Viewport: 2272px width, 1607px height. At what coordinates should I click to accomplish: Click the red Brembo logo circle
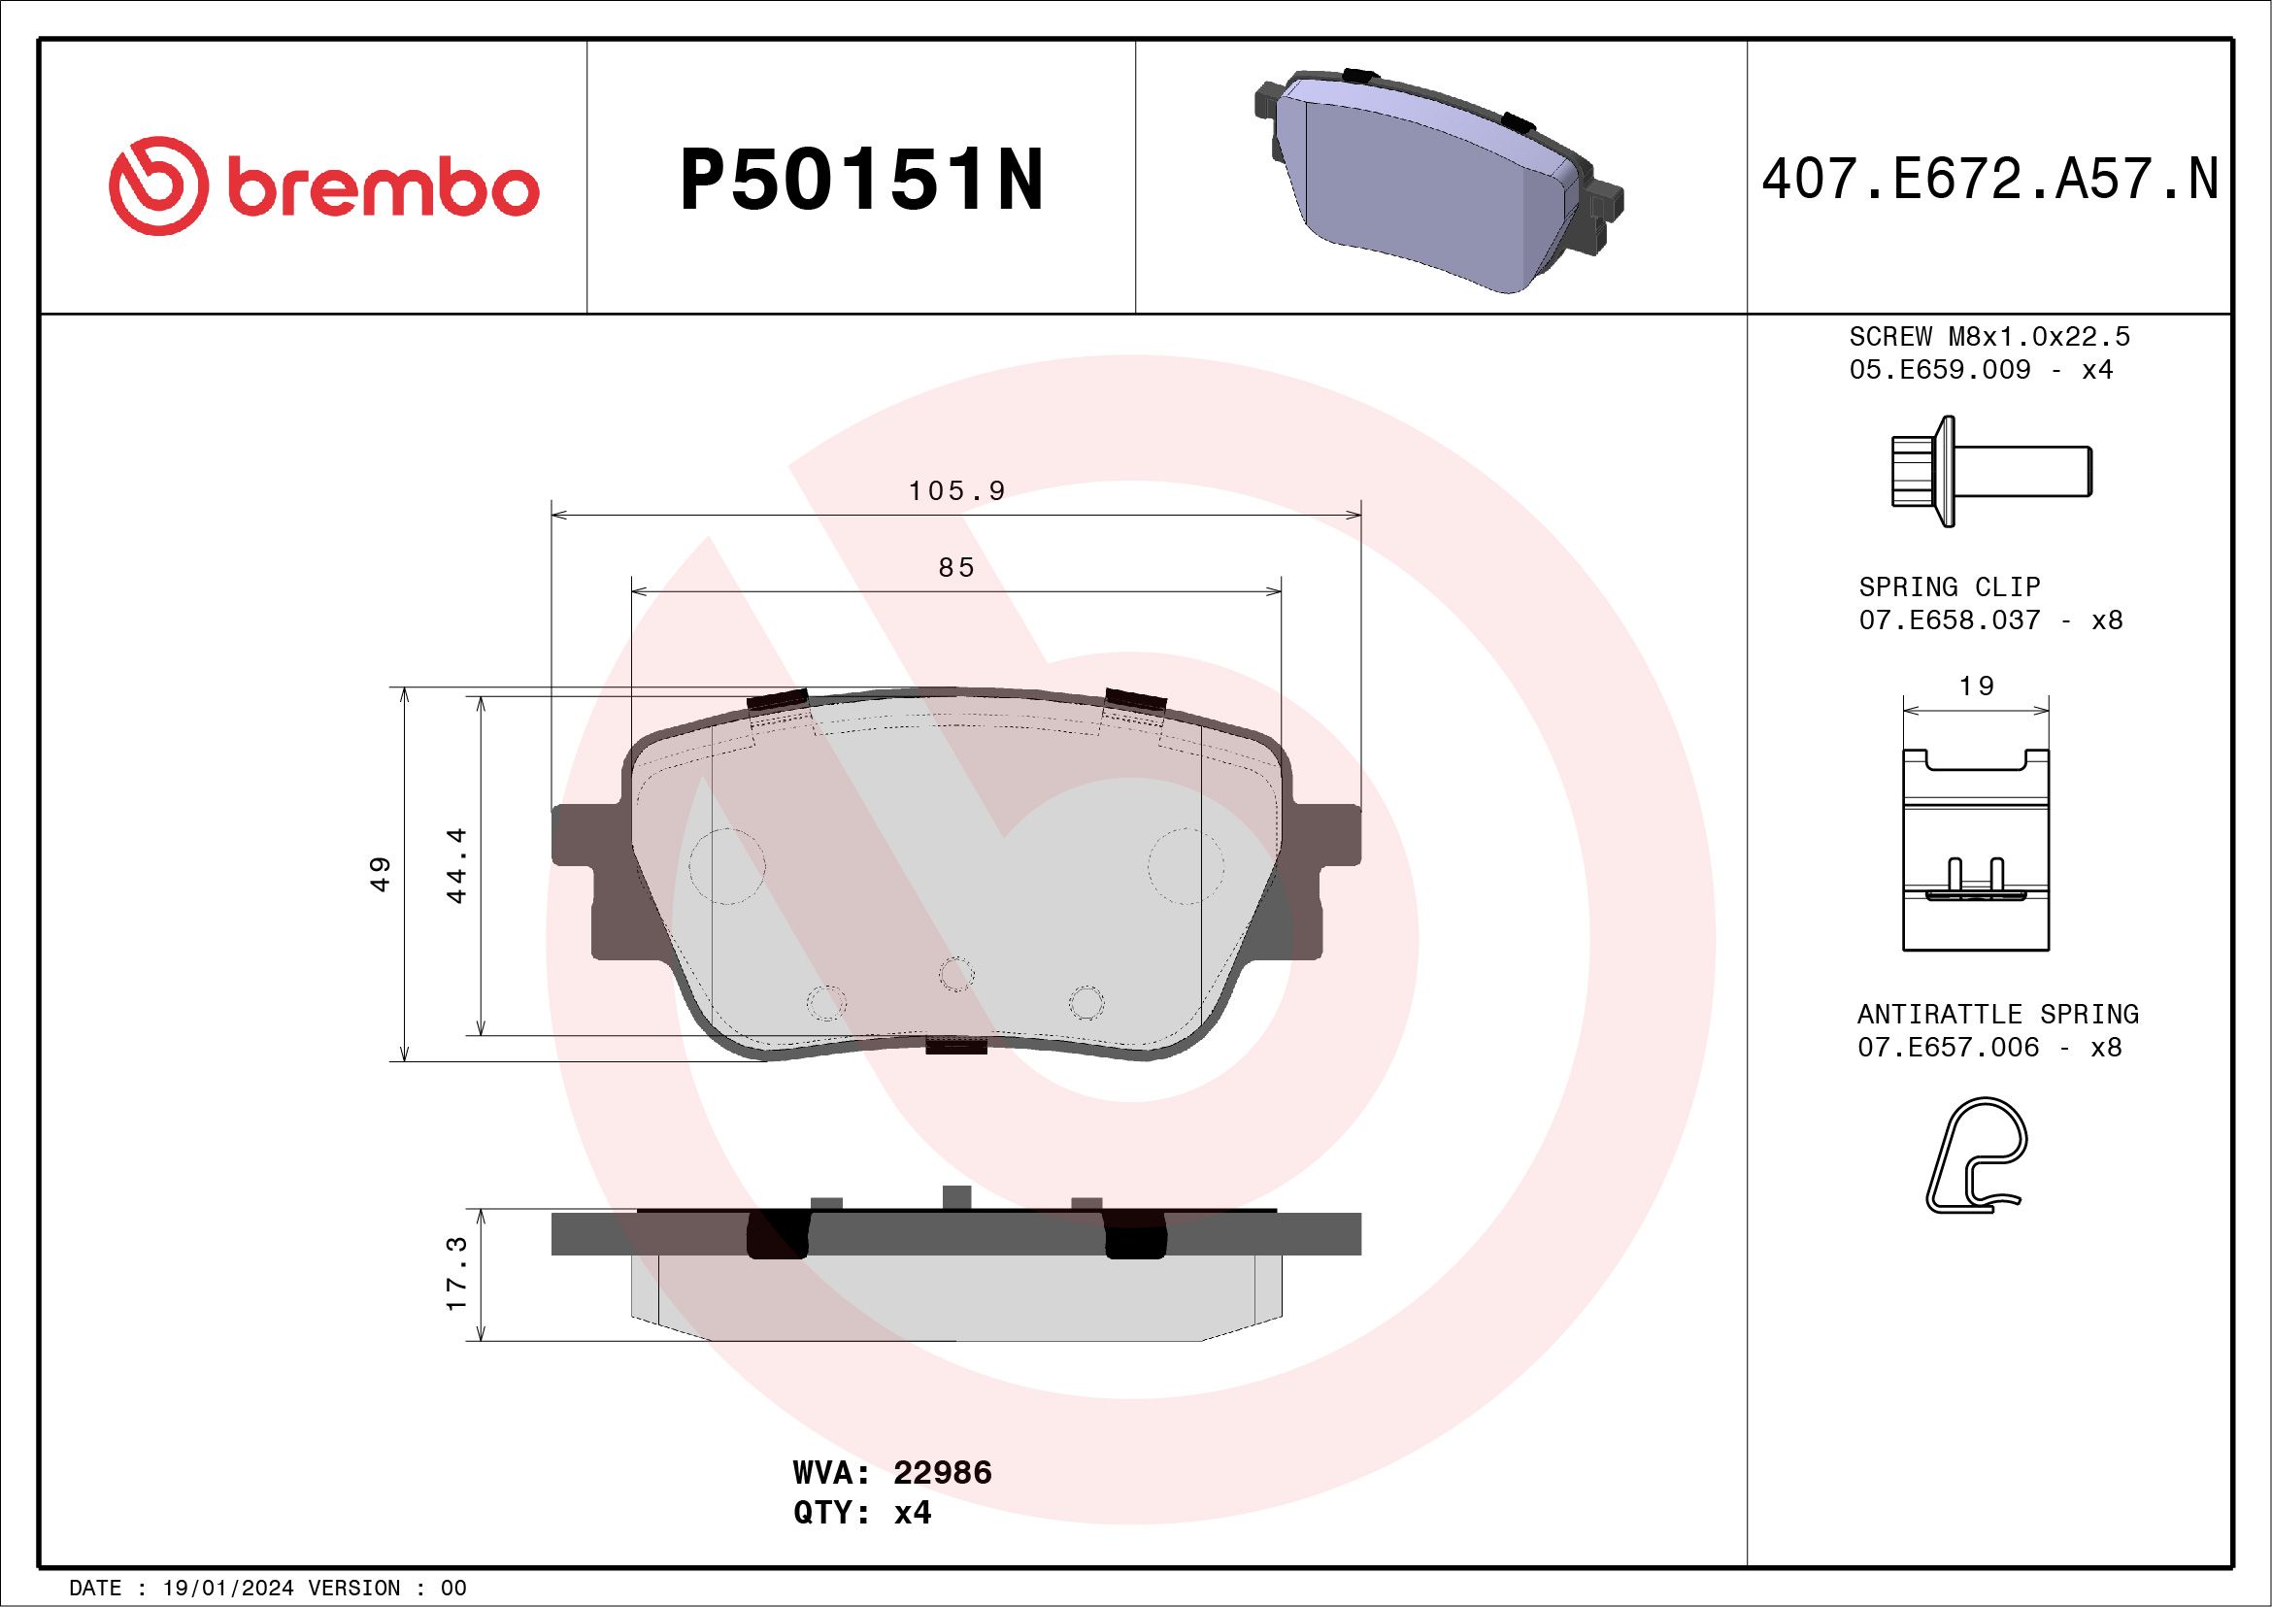pyautogui.click(x=158, y=186)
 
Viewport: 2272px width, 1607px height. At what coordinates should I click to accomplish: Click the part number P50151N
pyautogui.click(x=861, y=180)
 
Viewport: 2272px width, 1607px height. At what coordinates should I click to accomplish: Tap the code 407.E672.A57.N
pyautogui.click(x=1989, y=180)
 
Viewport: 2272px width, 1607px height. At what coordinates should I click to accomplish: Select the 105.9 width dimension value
pyautogui.click(x=956, y=490)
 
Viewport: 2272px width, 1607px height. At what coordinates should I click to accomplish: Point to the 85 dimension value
pyautogui.click(x=956, y=568)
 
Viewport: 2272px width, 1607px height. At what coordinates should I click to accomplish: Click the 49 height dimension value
pyautogui.click(x=381, y=874)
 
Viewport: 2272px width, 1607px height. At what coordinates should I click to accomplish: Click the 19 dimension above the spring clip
pyautogui.click(x=1976, y=686)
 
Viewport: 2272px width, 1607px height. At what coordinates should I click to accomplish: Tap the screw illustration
pyautogui.click(x=1989, y=471)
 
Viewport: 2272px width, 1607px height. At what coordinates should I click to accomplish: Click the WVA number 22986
pyautogui.click(x=942, y=1472)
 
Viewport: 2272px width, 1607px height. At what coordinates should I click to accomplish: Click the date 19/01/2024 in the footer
pyautogui.click(x=227, y=1589)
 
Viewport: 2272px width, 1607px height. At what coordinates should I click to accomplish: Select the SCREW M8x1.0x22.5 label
pyautogui.click(x=1989, y=336)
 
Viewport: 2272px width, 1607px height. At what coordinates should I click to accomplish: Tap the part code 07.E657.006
pyautogui.click(x=1948, y=1047)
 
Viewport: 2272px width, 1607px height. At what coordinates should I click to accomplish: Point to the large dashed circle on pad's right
pyautogui.click(x=1186, y=866)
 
